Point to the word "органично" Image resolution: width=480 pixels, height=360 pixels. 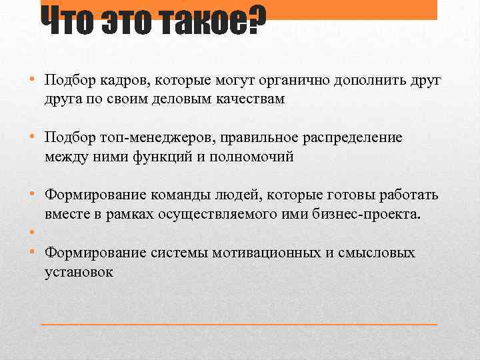290,81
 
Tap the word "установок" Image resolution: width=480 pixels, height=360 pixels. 79,272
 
